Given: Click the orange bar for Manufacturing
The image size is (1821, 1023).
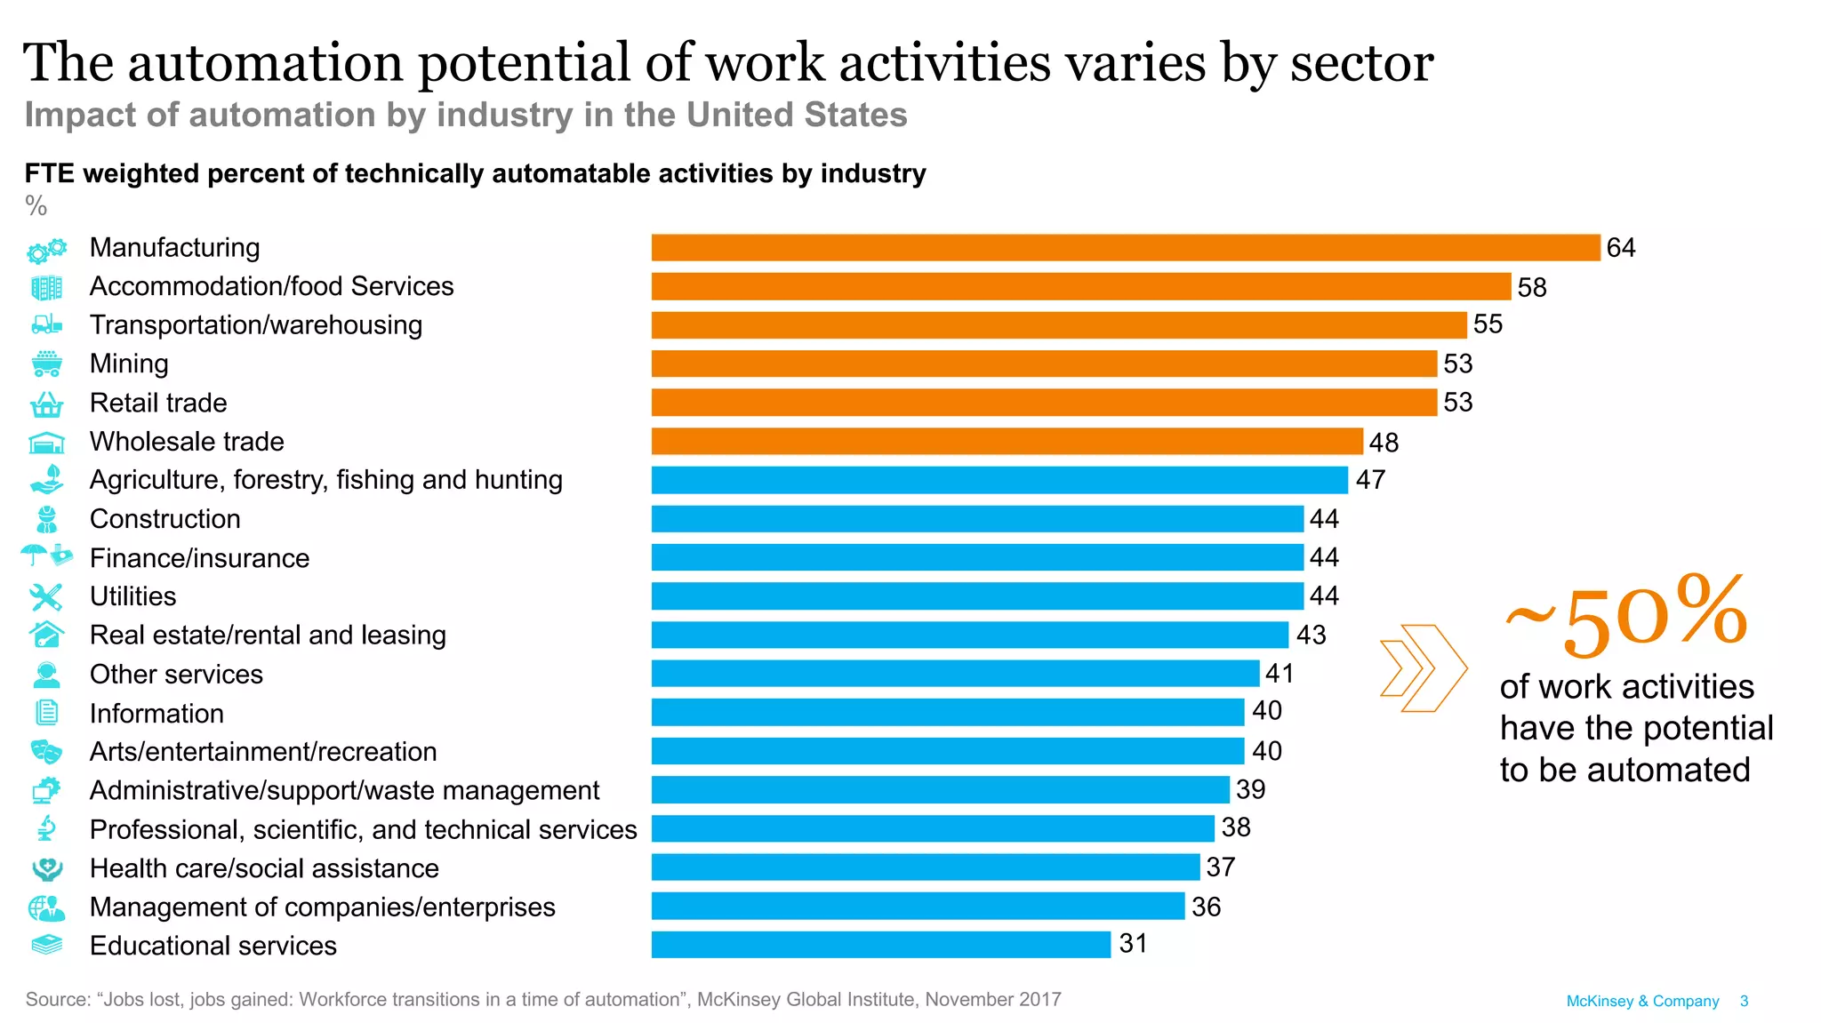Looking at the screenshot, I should pos(1125,248).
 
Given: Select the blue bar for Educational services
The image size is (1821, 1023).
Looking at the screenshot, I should pos(880,945).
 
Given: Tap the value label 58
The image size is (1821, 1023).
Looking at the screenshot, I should pos(1532,287).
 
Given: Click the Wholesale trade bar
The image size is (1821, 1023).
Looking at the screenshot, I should pos(1007,442).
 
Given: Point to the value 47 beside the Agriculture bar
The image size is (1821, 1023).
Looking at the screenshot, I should pos(1370,480).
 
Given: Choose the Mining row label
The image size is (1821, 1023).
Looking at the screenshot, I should pos(129,364).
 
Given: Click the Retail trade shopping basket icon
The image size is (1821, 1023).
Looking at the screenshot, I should pos(46,404).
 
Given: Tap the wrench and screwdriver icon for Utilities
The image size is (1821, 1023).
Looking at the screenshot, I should pos(45,597).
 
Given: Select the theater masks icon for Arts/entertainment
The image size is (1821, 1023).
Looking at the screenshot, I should pos(46,752).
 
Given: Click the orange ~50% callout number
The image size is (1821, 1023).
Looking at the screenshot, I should pos(1626,616).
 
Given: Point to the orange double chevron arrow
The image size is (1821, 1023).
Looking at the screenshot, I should pos(1422,668).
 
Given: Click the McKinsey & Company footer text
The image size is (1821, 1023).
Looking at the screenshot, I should pos(1642,1001).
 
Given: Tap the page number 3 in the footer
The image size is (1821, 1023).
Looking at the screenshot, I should pos(1744,1001).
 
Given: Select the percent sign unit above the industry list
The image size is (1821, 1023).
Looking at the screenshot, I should pos(36,206).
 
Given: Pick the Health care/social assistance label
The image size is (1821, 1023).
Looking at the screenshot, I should pos(264,868).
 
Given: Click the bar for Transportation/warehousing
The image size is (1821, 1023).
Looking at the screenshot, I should pos(1058,325).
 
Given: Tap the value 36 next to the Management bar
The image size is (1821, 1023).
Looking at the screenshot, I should pos(1206,907).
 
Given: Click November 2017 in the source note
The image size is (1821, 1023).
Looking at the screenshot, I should pos(992,999).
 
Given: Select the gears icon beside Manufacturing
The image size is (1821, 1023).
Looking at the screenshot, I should pos(46,250).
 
